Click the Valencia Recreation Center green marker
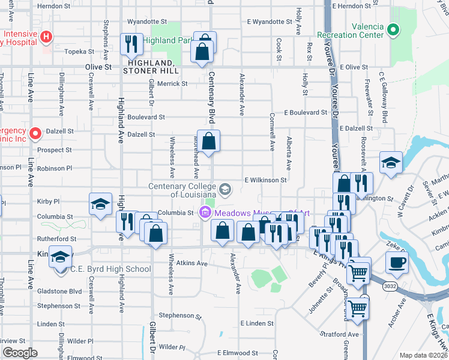click(393, 28)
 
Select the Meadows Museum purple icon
click(205, 212)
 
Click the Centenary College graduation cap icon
click(225, 190)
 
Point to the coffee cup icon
click(396, 262)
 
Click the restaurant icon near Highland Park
click(130, 44)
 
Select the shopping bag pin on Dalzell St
click(209, 142)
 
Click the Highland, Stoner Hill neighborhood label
click(149, 67)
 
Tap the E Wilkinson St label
click(265, 180)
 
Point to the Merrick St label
click(172, 84)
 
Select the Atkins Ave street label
click(191, 263)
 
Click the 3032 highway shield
click(390, 287)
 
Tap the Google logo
click(20, 353)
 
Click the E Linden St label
click(256, 323)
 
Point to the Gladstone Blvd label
click(59, 291)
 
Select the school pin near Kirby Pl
click(101, 203)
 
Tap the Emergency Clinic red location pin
click(35, 133)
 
